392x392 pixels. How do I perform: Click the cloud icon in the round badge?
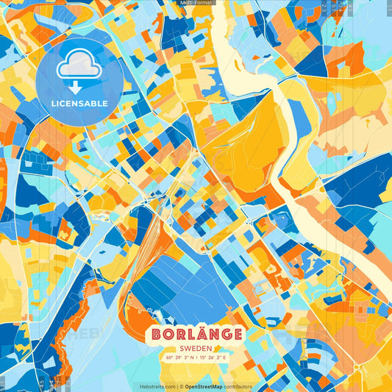click(x=79, y=67)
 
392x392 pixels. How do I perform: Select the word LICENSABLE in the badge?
click(x=79, y=104)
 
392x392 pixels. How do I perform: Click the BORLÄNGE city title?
click(x=196, y=335)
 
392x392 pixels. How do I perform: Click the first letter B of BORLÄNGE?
click(x=156, y=335)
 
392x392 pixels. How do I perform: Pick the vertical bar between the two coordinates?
click(x=196, y=358)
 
